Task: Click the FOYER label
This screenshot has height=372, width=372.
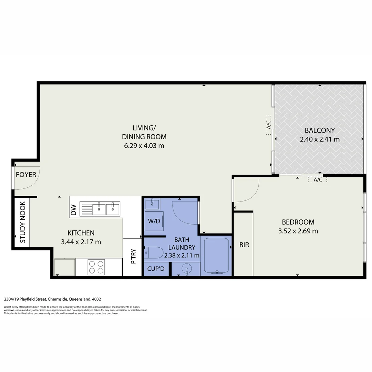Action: click(x=26, y=175)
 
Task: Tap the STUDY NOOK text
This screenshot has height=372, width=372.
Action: click(x=23, y=222)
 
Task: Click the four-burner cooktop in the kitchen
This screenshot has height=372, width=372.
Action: click(x=96, y=267)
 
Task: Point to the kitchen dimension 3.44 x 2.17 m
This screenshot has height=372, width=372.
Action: click(x=81, y=242)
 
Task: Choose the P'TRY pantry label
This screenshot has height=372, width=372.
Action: click(x=133, y=257)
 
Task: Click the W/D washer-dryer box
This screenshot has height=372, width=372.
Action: click(x=154, y=221)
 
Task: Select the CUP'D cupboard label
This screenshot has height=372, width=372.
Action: click(x=156, y=269)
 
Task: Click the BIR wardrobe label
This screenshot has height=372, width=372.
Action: click(x=244, y=245)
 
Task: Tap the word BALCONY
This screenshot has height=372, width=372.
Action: click(x=320, y=131)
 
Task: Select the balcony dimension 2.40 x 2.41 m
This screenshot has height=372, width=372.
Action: click(x=320, y=139)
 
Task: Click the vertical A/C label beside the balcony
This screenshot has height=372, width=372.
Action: click(x=269, y=125)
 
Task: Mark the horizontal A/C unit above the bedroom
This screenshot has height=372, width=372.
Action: click(x=317, y=179)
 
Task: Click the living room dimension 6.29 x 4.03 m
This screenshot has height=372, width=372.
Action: click(x=144, y=145)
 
